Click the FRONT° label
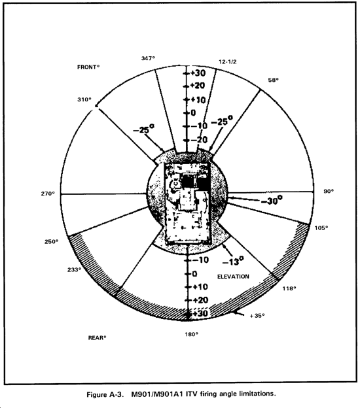[x=88, y=67]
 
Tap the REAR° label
[x=98, y=338]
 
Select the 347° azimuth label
[x=148, y=58]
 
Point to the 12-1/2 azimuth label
[x=228, y=61]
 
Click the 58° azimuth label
[x=273, y=80]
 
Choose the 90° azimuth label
[x=329, y=191]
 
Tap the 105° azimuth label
[x=321, y=228]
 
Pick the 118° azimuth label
[x=289, y=288]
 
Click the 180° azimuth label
[x=192, y=334]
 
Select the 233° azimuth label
[x=74, y=270]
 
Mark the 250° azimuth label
[x=51, y=241]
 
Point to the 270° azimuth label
[x=48, y=194]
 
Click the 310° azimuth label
[x=84, y=99]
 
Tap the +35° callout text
[x=257, y=316]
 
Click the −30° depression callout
[x=272, y=200]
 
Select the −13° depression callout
[x=234, y=261]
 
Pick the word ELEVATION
[x=233, y=277]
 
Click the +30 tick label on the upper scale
[x=198, y=73]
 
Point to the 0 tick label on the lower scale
[x=194, y=274]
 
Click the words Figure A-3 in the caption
[x=104, y=394]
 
